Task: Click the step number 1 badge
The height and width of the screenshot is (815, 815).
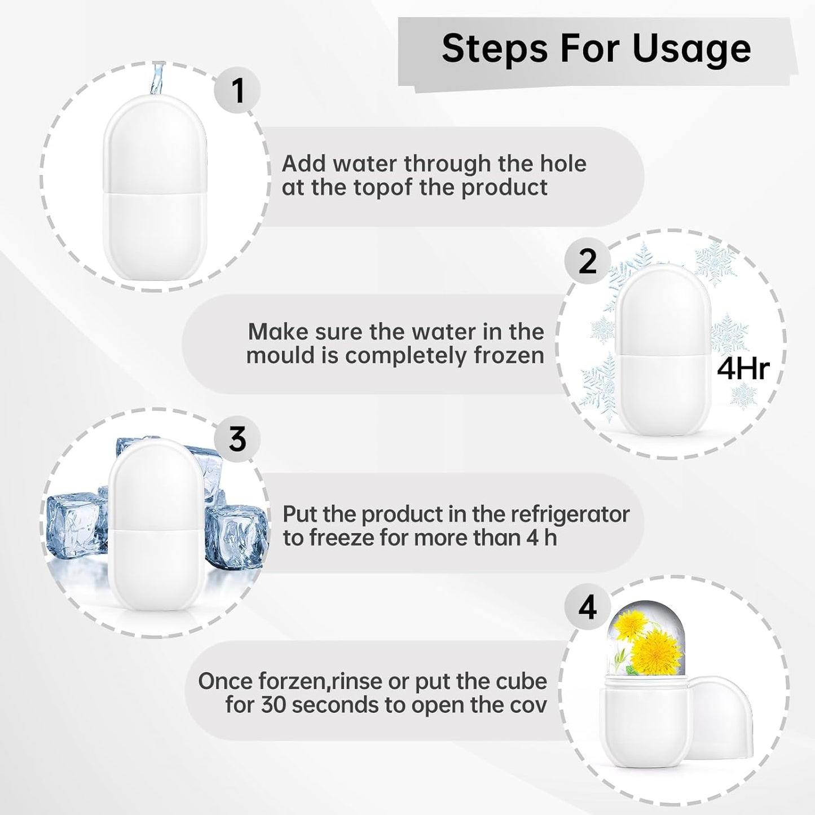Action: pyautogui.click(x=237, y=90)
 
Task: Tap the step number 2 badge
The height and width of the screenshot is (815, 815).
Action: pyautogui.click(x=587, y=262)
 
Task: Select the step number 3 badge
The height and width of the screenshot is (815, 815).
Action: pyautogui.click(x=237, y=439)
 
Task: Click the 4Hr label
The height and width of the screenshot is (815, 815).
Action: pyautogui.click(x=743, y=369)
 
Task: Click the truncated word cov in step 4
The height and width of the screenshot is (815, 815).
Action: pyautogui.click(x=527, y=706)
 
